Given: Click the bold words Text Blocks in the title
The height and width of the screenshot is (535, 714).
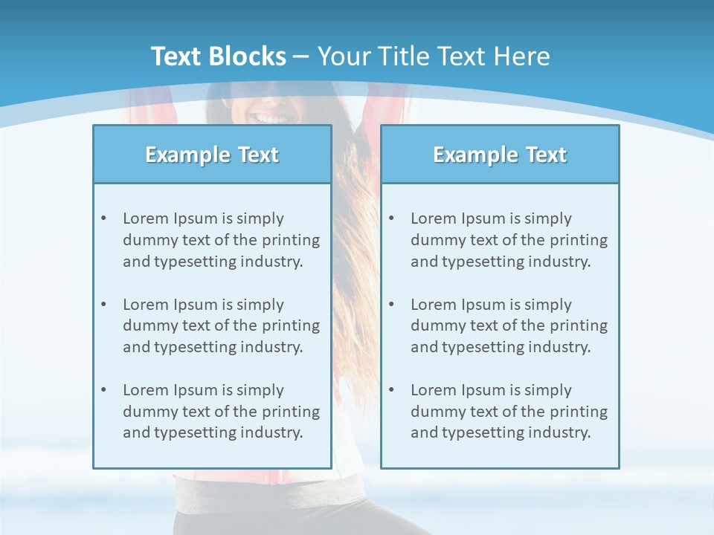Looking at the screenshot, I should point(218,56).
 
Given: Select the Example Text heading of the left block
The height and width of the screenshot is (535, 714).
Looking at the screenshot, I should point(212,155).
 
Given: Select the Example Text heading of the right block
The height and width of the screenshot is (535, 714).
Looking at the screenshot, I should point(500,155).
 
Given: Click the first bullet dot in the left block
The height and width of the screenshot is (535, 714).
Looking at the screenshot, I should point(103,218).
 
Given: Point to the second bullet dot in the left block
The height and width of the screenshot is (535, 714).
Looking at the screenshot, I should point(103,305).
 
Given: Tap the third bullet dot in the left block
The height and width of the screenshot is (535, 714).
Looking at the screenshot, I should point(103,390).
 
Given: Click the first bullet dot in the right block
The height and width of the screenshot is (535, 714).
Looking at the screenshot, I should point(391,218).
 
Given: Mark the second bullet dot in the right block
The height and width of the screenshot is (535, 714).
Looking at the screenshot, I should point(391,305).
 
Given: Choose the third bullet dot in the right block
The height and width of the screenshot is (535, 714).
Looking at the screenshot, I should point(391,390).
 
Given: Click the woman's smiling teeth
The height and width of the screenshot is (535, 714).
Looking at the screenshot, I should point(269,118).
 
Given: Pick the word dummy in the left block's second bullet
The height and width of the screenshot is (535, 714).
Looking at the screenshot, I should point(147,325).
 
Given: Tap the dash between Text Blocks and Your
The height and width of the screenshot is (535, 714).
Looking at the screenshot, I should point(301,56).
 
